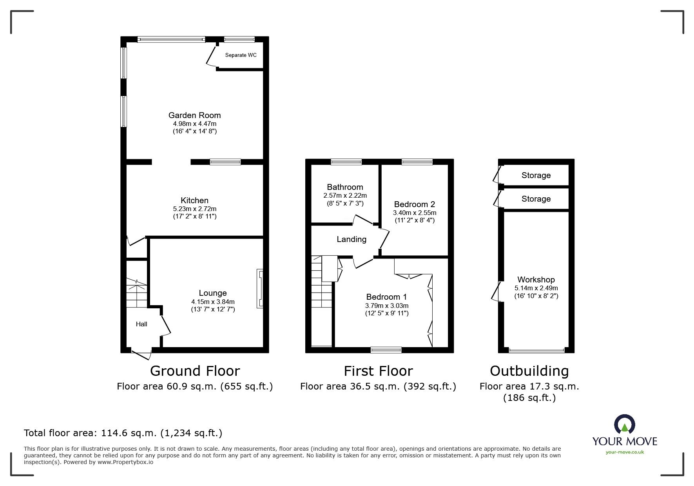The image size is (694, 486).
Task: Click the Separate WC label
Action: (241, 55)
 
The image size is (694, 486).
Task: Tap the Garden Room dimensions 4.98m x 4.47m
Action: (194, 124)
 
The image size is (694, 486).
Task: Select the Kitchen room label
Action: (194, 200)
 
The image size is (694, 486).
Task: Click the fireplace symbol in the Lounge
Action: (260, 288)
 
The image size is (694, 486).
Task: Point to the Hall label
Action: (141, 324)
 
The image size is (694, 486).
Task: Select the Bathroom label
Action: (345, 187)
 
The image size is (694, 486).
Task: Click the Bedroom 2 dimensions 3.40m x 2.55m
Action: (414, 213)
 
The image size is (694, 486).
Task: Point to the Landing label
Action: (351, 239)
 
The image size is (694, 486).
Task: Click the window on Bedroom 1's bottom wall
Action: (386, 350)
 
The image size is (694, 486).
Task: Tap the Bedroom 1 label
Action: (386, 297)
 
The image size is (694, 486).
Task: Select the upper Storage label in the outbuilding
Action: (536, 175)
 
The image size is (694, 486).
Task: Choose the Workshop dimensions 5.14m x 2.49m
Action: (536, 288)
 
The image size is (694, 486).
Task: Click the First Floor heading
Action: (378, 371)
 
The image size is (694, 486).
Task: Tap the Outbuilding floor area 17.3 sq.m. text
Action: (529, 386)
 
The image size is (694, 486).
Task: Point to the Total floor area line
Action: (123, 433)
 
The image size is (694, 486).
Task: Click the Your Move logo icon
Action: (624, 425)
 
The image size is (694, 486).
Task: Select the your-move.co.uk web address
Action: (625, 452)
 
